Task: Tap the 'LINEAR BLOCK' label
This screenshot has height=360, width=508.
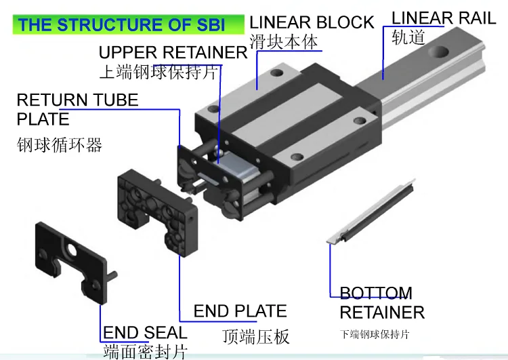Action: (312, 22)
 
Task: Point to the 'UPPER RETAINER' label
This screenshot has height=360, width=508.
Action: (173, 52)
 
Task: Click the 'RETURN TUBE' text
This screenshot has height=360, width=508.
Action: (77, 100)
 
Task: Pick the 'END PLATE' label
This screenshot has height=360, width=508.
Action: (240, 311)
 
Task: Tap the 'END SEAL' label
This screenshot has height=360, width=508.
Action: (145, 332)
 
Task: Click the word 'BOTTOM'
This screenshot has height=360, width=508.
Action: (375, 294)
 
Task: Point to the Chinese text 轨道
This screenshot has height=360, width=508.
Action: (408, 37)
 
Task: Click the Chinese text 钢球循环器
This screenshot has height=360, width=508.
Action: (59, 144)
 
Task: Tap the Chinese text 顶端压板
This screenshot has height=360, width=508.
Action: (256, 336)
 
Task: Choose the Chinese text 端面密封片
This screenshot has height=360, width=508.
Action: (145, 352)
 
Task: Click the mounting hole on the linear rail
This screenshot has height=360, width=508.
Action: (440, 53)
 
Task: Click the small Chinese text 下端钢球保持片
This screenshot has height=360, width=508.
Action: (375, 334)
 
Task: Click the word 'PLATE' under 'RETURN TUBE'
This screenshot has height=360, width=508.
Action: (43, 119)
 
